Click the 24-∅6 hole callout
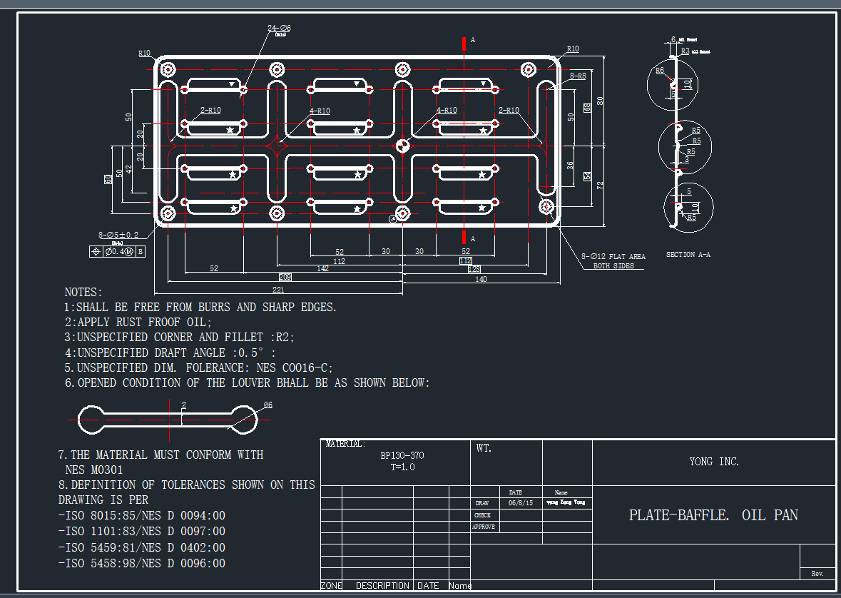(279, 28)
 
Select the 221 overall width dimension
(278, 290)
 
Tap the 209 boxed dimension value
(285, 276)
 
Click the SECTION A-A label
(688, 255)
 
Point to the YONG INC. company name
(714, 462)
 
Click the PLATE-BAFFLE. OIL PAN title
(713, 515)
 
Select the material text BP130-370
(402, 455)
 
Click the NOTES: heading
(83, 293)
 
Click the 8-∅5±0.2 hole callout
(118, 235)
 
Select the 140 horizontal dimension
(481, 279)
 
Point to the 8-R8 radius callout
(577, 76)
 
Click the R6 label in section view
(660, 71)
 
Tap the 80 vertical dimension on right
(600, 101)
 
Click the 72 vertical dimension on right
(600, 185)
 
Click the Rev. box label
(817, 574)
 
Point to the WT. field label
(483, 449)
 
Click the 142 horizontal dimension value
(322, 269)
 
